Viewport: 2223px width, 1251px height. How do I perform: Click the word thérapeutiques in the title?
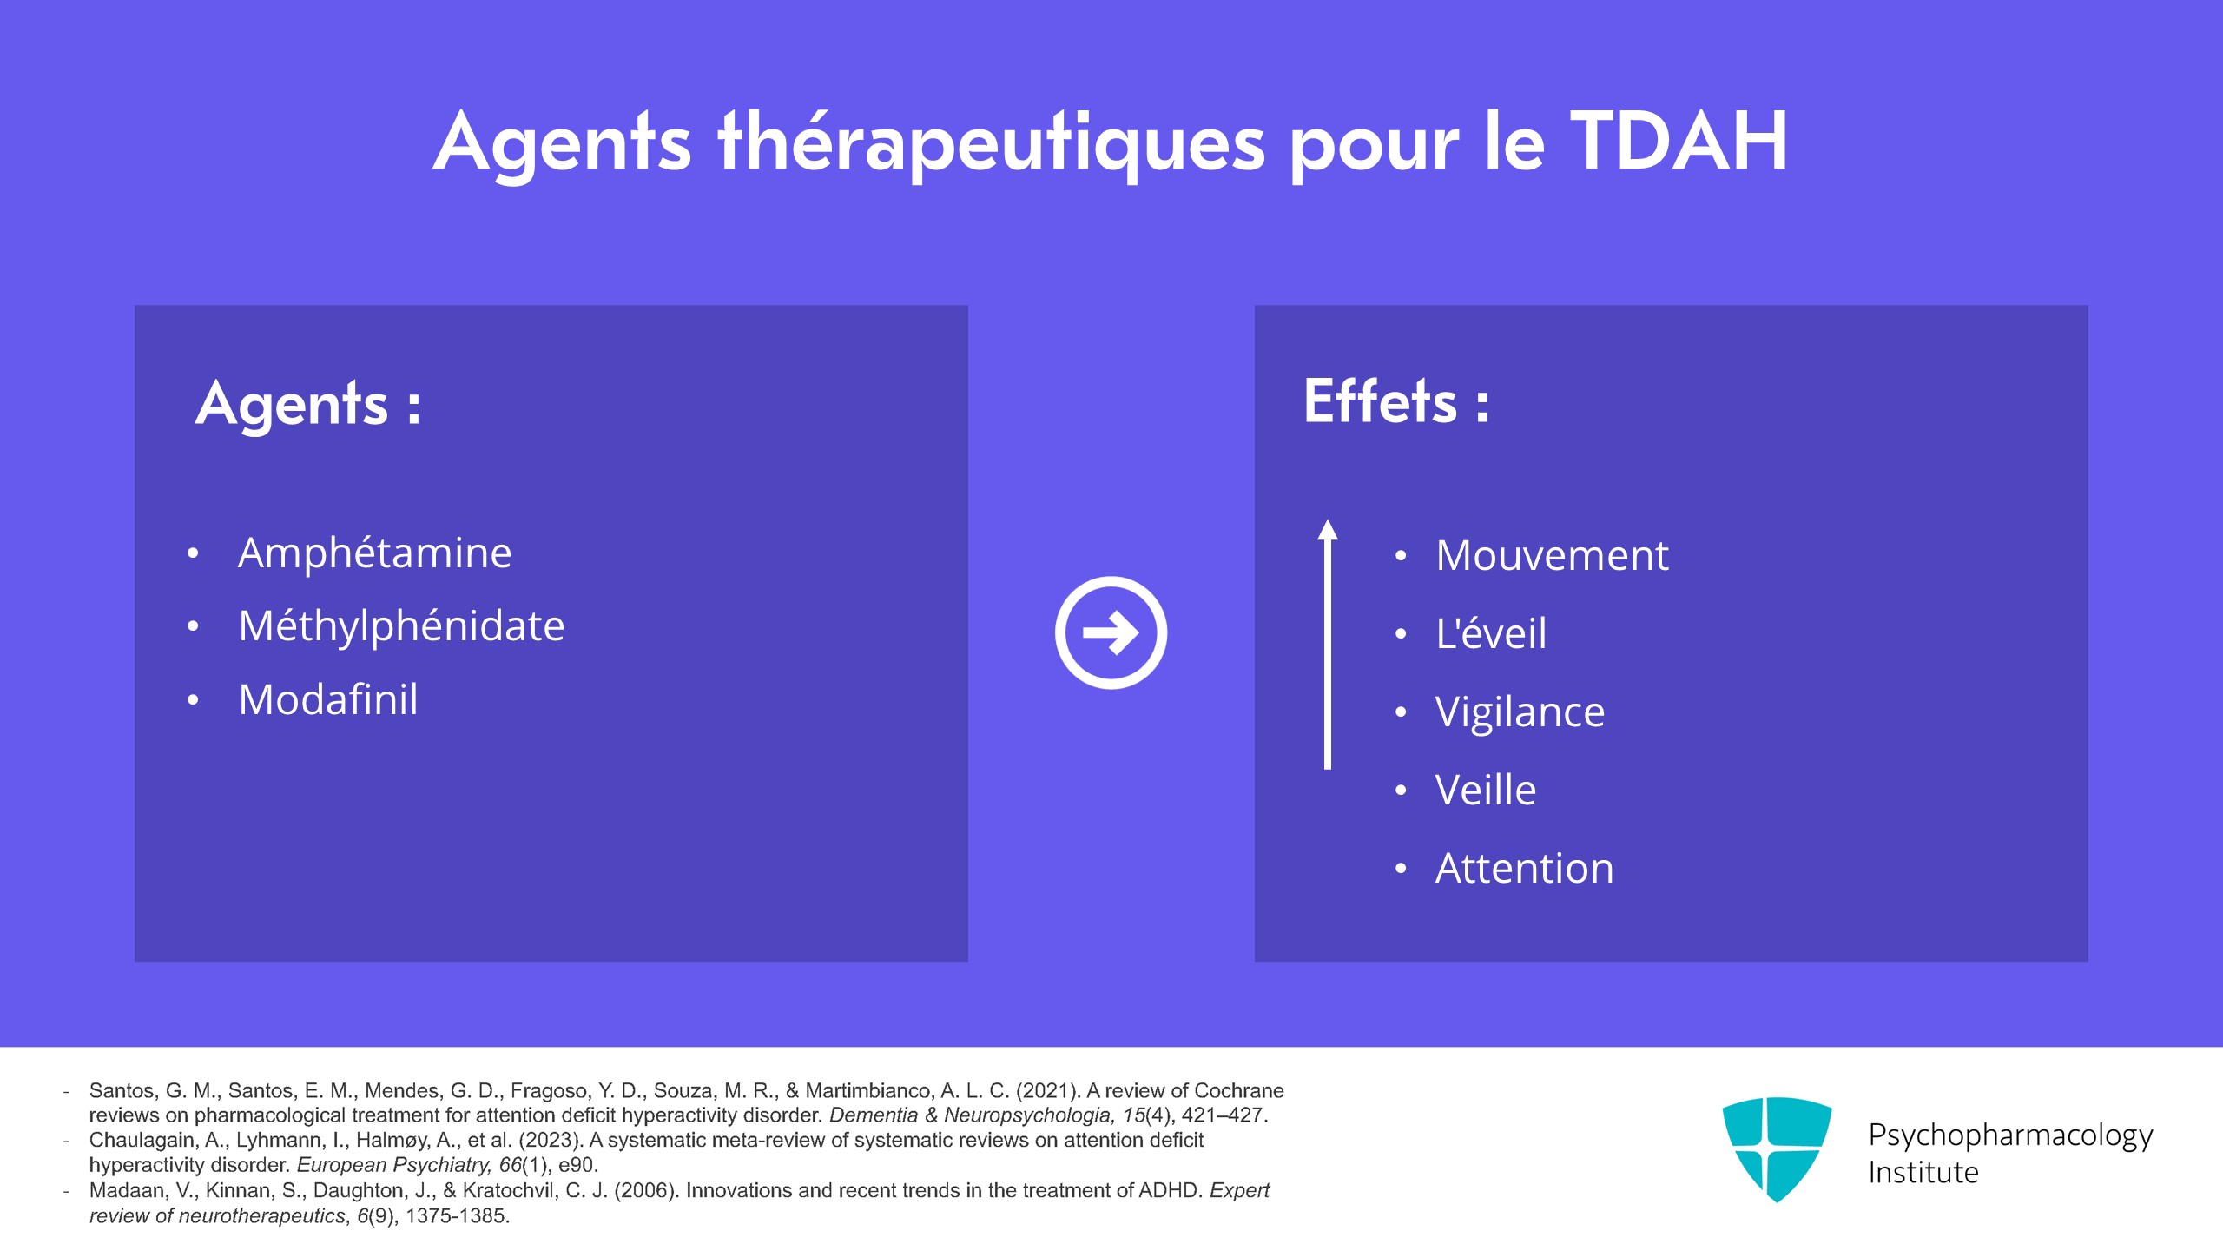click(991, 144)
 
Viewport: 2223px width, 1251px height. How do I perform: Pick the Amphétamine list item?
click(374, 553)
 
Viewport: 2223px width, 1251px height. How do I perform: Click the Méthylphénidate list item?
click(401, 626)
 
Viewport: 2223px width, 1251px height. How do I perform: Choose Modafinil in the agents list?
click(328, 700)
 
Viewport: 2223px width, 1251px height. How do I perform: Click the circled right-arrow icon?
click(1111, 632)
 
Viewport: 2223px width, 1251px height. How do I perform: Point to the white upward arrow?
click(1327, 643)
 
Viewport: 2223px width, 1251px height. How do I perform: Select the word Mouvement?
click(1552, 556)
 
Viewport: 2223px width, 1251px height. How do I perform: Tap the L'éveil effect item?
click(1491, 633)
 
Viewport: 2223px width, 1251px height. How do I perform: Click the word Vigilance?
click(1520, 712)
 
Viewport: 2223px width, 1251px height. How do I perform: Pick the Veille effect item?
click(1486, 791)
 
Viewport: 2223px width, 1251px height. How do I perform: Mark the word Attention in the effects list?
click(1524, 869)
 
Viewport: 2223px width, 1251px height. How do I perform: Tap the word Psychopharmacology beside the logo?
click(2010, 1135)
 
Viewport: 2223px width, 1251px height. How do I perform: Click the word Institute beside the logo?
click(1923, 1173)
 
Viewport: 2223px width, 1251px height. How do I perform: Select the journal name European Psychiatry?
click(393, 1165)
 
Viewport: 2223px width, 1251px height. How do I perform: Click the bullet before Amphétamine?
click(193, 553)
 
